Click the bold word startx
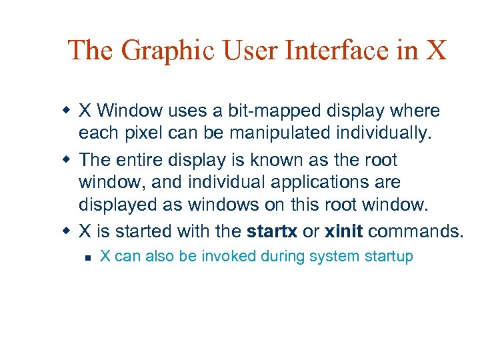pos(272,231)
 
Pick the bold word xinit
pos(344,231)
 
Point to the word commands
pos(415,231)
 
